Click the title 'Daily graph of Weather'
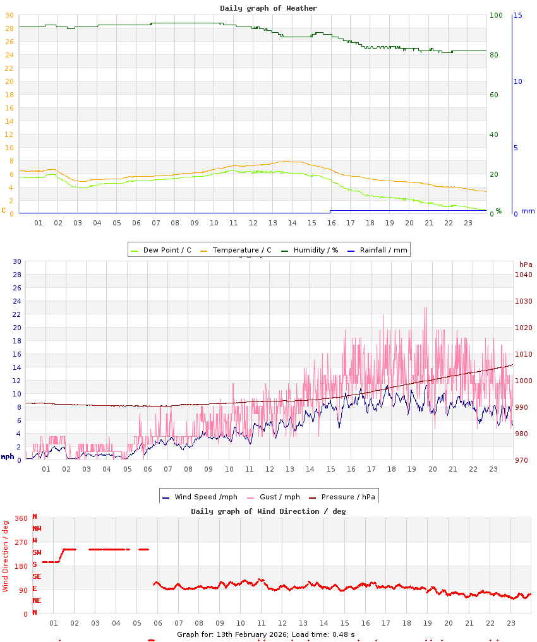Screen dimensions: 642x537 point(268,8)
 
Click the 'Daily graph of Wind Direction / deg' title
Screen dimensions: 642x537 point(268,511)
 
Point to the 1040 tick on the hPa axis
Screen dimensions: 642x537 point(523,275)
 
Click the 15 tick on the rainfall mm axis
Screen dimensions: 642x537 point(518,15)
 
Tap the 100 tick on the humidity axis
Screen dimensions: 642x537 point(496,15)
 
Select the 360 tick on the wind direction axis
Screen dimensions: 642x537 point(21,518)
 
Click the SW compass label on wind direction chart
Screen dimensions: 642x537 point(37,552)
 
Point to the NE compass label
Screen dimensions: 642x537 point(37,600)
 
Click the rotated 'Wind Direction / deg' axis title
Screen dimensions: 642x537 point(6,556)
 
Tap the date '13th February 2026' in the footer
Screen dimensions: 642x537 point(252,634)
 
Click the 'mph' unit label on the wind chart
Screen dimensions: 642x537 point(7,456)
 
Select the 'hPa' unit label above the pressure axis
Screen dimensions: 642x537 point(526,264)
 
